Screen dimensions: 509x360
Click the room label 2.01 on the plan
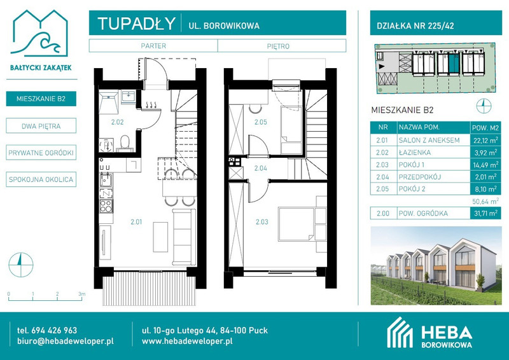136,222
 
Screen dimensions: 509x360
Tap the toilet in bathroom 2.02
125,143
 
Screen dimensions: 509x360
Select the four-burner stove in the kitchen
106,206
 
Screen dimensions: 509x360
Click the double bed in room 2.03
297,224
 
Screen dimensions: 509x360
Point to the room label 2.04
261,168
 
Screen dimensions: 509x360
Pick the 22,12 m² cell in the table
485,140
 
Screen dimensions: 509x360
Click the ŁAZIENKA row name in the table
415,152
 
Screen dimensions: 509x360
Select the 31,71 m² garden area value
485,213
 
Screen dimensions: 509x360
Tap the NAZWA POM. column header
419,127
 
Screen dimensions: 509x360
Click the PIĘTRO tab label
278,46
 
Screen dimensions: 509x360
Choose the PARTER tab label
153,46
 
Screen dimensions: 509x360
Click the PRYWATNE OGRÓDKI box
41,153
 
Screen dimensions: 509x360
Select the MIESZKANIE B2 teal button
41,99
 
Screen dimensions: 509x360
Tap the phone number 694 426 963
54,331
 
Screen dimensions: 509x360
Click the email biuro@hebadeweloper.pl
66,341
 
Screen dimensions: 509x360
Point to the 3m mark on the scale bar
81,294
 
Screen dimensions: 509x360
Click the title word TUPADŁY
136,24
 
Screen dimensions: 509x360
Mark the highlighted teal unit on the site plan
454,64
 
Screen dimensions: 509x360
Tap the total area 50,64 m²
485,201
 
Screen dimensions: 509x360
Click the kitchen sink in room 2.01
106,179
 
